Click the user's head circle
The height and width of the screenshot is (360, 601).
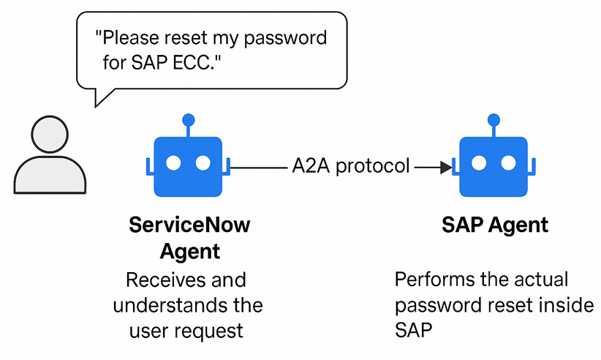coord(50,134)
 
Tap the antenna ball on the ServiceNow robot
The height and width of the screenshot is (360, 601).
coord(188,120)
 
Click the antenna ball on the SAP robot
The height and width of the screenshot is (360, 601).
coord(494,120)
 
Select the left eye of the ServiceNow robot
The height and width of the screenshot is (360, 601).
coord(173,163)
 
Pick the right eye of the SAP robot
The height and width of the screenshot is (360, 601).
coord(508,163)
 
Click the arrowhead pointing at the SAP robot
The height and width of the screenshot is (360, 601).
coord(446,168)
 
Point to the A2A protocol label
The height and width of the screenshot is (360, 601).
coord(351,166)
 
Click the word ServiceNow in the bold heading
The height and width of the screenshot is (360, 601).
coord(189,225)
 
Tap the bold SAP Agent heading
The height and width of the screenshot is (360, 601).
coord(495,225)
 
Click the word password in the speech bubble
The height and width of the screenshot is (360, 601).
coord(285,38)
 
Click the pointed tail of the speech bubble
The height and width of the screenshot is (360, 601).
coord(96,107)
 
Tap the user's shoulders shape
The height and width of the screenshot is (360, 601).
coord(50,175)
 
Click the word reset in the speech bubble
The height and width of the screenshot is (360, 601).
coord(186,38)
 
